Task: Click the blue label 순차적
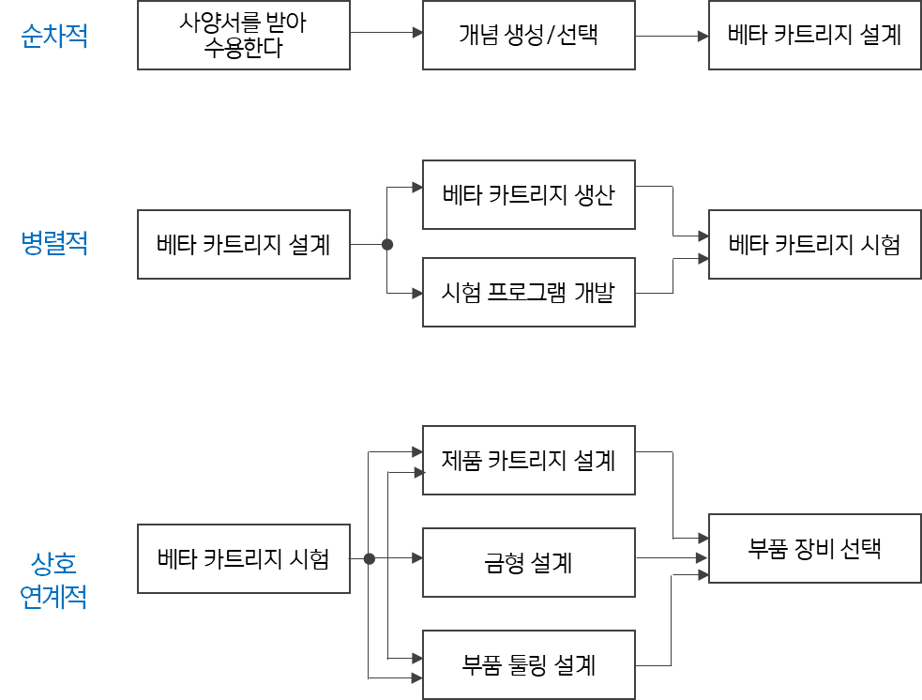(54, 37)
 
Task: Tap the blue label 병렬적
(54, 244)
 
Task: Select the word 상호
(53, 564)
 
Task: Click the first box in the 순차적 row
(244, 36)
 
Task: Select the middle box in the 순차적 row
(529, 36)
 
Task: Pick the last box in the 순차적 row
(814, 36)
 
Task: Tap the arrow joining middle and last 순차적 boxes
(672, 37)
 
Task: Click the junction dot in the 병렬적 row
(387, 245)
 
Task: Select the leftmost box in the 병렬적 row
(244, 245)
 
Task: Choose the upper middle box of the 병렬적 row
(529, 195)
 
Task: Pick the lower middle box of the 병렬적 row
(529, 293)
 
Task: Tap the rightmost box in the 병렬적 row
(814, 245)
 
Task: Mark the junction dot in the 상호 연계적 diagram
(369, 559)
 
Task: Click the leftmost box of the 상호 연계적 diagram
(244, 559)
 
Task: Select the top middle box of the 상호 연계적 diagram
(529, 461)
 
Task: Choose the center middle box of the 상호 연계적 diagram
(529, 563)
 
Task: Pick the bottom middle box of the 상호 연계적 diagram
(529, 665)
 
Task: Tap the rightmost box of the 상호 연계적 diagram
(814, 549)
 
